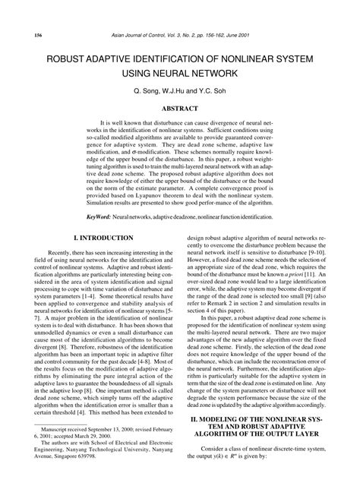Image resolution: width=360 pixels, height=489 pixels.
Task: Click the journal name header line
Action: pos(179,36)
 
